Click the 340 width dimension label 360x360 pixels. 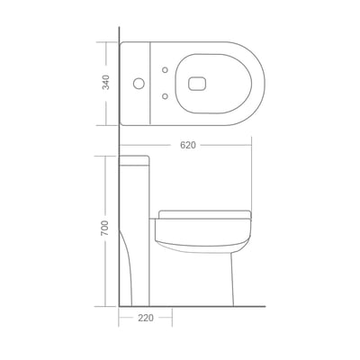coord(106,82)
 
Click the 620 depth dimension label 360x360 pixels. coord(188,145)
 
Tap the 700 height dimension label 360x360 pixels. coord(105,228)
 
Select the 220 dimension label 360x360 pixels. coord(146,318)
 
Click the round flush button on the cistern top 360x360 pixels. coord(139,83)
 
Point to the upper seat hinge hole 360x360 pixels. coord(165,69)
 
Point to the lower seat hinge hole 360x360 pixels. coord(165,96)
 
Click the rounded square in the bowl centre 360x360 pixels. coord(198,83)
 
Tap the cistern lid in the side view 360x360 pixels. coord(134,160)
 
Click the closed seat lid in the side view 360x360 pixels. coord(205,214)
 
